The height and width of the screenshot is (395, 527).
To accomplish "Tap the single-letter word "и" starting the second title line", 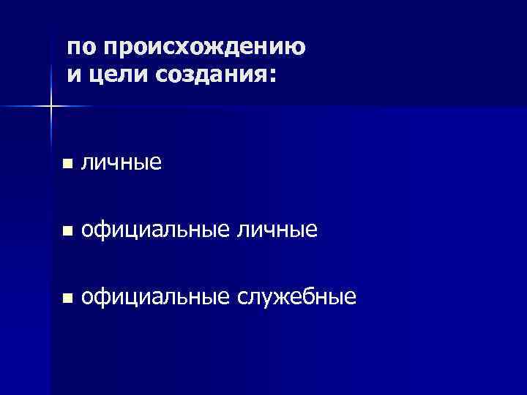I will click(x=74, y=75).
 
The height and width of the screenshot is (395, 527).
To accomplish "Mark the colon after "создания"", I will click(x=273, y=77).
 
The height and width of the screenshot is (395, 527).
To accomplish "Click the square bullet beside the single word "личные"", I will click(x=67, y=165).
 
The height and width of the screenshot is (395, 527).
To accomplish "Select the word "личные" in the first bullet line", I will click(x=121, y=163).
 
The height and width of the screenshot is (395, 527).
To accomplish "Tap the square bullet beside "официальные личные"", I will click(x=67, y=231).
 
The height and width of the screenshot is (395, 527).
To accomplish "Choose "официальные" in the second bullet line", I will click(x=154, y=230).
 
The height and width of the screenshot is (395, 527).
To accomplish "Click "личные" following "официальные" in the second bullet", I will click(x=277, y=230).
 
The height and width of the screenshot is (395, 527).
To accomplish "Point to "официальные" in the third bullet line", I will click(x=154, y=296).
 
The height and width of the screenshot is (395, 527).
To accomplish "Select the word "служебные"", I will click(x=297, y=296).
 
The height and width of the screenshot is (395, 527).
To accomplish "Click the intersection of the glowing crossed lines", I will click(x=51, y=108).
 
